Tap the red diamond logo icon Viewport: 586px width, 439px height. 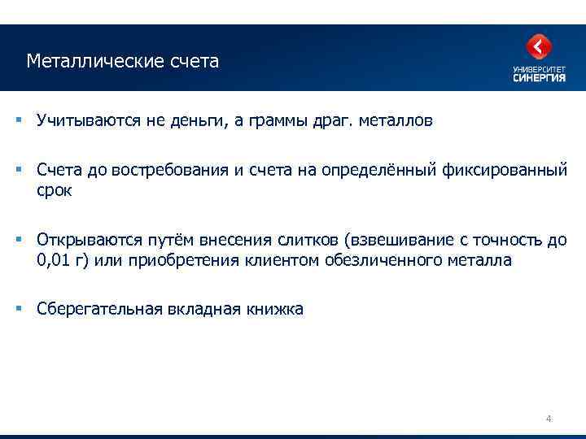pyautogui.click(x=539, y=46)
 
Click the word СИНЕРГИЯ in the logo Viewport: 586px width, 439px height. pyautogui.click(x=540, y=79)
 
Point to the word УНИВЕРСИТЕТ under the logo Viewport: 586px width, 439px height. pyautogui.click(x=540, y=69)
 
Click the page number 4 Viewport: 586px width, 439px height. pyautogui.click(x=549, y=419)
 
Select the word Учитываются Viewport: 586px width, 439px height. pyautogui.click(x=89, y=121)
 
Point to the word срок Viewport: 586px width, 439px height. pyautogui.click(x=55, y=191)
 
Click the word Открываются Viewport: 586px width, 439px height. pyautogui.click(x=88, y=241)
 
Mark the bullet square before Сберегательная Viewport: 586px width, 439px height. pyautogui.click(x=17, y=307)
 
